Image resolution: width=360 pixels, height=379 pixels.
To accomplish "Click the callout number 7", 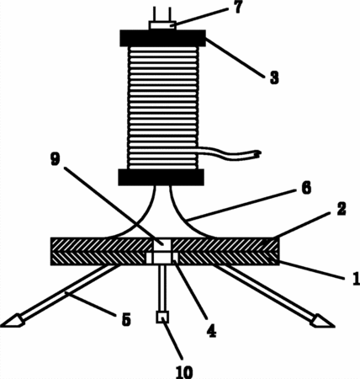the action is [x=238, y=8].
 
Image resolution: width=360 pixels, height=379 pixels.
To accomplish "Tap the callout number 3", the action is [x=274, y=77].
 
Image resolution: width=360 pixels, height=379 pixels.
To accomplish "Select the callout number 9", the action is [x=55, y=160].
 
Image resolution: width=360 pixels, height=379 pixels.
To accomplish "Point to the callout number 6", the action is [x=306, y=188].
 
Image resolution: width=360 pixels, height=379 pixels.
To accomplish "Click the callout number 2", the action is [x=341, y=209].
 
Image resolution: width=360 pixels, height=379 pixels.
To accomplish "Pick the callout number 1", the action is [x=356, y=279].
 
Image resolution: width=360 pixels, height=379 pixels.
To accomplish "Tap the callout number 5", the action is [x=126, y=320].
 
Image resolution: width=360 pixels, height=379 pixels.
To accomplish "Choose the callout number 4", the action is [x=211, y=330].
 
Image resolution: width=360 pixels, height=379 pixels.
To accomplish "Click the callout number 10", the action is [x=184, y=372].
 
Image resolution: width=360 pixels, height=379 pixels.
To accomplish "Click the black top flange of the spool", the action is [x=163, y=38].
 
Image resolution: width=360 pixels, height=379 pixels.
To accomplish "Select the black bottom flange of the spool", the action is [x=161, y=177].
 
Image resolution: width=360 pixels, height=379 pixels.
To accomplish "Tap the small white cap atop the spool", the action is [x=162, y=25].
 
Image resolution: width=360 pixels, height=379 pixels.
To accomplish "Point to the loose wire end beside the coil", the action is [x=259, y=153].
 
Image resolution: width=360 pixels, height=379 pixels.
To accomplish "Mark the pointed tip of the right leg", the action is [x=334, y=327].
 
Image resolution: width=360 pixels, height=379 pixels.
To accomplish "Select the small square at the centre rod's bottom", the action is [x=162, y=318].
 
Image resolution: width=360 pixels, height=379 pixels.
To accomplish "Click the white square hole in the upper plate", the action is [x=162, y=244].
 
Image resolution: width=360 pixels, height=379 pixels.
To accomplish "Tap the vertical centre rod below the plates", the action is [x=162, y=288].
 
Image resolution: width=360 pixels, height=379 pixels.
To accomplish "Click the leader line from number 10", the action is [x=172, y=340].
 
